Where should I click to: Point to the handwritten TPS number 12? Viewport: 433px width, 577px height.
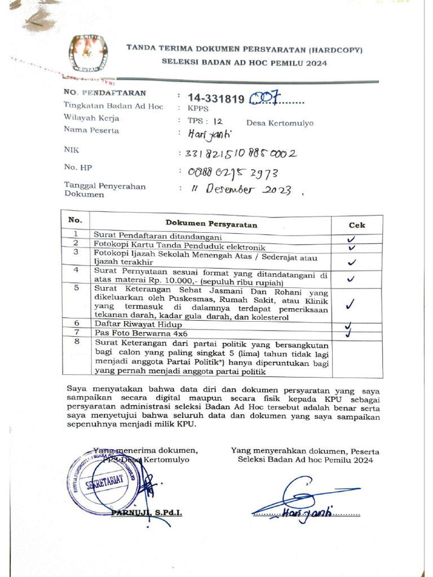[218, 121]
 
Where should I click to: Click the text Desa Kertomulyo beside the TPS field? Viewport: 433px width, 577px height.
[280, 123]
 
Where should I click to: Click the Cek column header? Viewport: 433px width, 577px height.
[356, 224]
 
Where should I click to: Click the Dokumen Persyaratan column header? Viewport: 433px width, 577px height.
[211, 224]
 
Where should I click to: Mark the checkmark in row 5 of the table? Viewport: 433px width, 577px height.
[350, 304]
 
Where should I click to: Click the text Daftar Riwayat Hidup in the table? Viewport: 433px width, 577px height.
[138, 325]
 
